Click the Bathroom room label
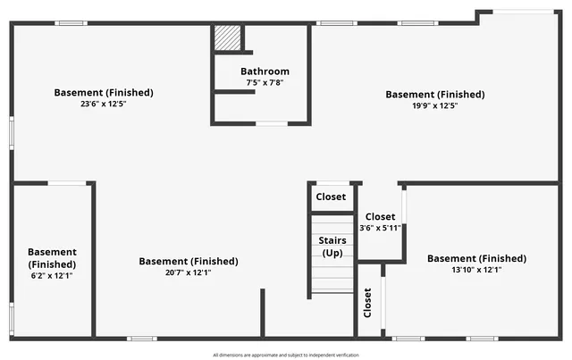[265, 71]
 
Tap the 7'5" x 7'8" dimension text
[265, 82]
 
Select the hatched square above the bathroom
[227, 38]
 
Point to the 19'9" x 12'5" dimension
[434, 105]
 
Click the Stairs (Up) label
[332, 247]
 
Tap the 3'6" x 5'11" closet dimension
[380, 228]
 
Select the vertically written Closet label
[367, 304]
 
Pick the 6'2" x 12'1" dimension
[52, 276]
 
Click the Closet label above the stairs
[331, 196]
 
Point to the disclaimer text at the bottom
[286, 355]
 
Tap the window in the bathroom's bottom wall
[272, 123]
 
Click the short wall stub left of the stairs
[263, 313]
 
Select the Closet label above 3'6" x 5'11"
[380, 217]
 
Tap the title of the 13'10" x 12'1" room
[476, 258]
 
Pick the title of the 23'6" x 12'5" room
[104, 92]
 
